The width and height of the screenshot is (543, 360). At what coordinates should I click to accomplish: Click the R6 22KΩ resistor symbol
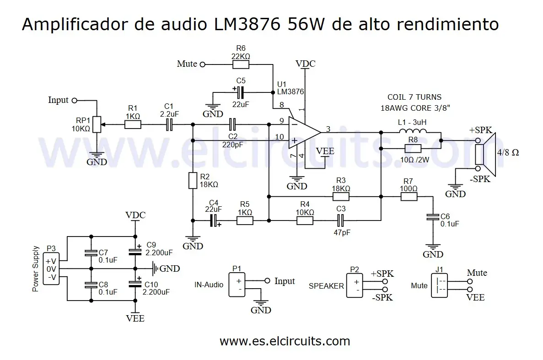[x=241, y=64]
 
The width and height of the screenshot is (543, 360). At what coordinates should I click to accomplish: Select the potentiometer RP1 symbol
[x=96, y=124]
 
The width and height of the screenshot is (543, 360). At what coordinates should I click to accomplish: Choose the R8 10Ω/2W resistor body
[x=413, y=148]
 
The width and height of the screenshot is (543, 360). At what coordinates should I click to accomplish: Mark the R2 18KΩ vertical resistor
[x=193, y=181]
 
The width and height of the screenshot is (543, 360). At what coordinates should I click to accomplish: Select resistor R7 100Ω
[x=409, y=197]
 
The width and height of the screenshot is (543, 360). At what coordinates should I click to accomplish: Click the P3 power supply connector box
[x=51, y=269]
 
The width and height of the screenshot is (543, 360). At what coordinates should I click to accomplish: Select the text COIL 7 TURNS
[x=414, y=97]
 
